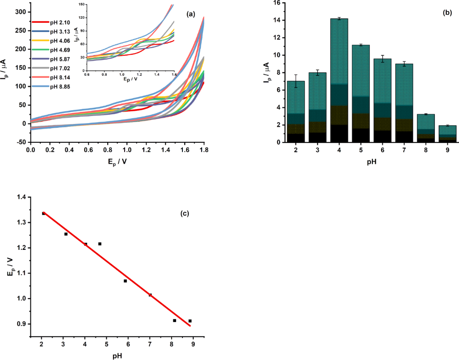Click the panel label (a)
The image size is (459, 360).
tap(191, 14)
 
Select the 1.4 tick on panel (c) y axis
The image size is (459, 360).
tap(21, 197)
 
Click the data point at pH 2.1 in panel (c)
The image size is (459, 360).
tap(43, 214)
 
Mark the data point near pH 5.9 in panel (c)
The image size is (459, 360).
tap(125, 281)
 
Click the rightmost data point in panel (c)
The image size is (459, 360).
tap(190, 321)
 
